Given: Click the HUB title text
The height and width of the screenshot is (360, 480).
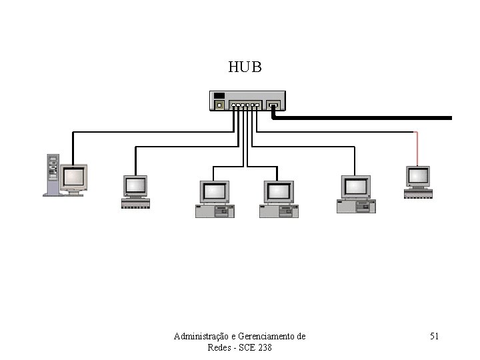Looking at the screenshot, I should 245,68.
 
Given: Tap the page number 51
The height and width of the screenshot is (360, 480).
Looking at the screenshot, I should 433,336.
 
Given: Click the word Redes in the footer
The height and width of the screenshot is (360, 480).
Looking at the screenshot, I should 221,348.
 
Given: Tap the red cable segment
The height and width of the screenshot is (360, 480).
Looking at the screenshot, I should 417,148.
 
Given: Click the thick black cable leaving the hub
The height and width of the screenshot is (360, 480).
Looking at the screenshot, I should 367,119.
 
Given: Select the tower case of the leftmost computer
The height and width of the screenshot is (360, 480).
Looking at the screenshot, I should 51,174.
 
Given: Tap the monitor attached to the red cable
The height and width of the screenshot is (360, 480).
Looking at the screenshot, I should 419,177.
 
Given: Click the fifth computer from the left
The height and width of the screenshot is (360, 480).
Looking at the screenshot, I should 356,194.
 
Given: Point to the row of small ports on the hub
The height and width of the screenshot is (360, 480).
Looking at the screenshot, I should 245,105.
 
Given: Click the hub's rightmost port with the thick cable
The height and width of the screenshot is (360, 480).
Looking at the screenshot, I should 273,105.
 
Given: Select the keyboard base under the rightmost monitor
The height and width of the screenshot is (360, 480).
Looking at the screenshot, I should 419,193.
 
